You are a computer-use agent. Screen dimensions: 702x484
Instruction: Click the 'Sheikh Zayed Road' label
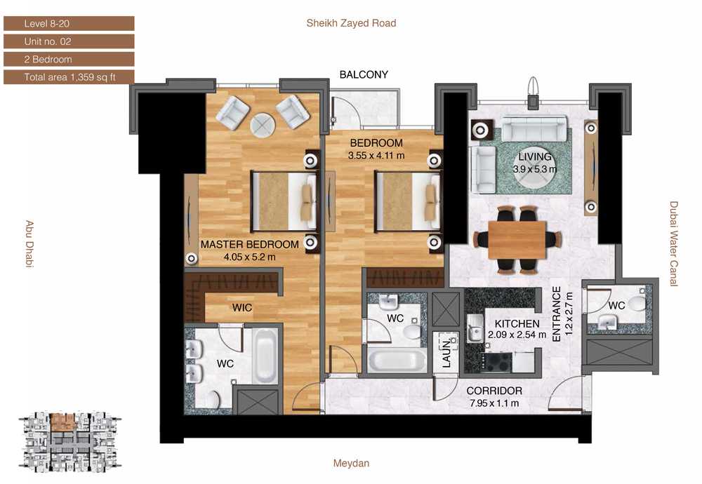point(351,23)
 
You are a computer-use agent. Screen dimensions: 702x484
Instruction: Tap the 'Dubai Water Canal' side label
point(674,244)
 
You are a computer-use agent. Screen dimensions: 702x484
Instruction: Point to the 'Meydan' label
point(351,464)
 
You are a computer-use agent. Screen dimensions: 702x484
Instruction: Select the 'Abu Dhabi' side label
point(29,244)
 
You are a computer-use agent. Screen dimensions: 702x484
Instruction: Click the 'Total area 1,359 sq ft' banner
point(69,77)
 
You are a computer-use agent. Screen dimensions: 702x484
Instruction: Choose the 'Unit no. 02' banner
point(69,41)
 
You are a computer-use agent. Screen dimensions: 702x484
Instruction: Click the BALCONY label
point(364,74)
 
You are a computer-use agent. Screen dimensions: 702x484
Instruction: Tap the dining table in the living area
point(517,240)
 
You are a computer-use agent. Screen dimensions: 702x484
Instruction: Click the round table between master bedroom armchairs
point(263,125)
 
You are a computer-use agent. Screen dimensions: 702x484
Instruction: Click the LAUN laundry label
point(446,354)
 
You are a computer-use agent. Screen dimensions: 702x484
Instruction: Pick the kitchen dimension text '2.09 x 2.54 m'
point(517,335)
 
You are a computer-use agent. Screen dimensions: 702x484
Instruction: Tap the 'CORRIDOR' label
point(494,391)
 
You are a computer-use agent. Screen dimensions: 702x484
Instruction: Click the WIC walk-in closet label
point(241,308)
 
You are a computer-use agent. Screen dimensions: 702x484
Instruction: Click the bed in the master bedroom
point(284,201)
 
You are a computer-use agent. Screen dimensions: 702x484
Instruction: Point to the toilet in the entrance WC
point(637,304)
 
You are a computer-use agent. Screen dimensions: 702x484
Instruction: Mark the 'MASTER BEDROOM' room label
point(249,245)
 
